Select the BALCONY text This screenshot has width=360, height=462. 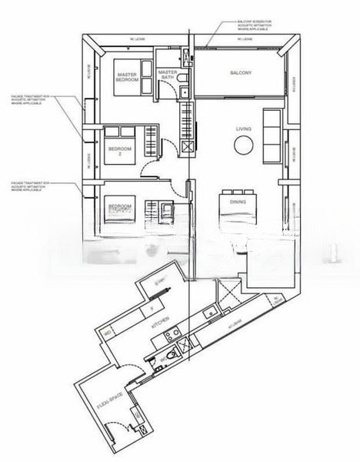[x=241, y=73]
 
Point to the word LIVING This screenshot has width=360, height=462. [x=244, y=129]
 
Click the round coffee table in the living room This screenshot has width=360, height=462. [x=243, y=146]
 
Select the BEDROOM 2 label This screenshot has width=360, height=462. [x=119, y=150]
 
